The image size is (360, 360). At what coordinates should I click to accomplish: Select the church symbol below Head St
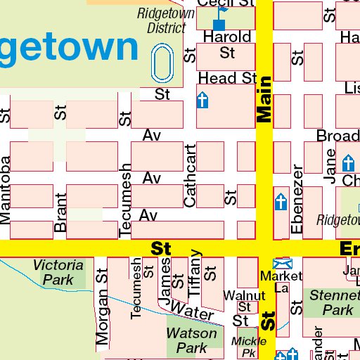[x=203, y=101]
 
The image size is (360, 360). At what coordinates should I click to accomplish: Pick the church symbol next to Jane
[x=347, y=163]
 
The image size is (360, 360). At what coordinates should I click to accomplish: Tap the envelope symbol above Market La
[x=281, y=262]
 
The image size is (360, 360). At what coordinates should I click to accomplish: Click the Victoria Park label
[x=58, y=272]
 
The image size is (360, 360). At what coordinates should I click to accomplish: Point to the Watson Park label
[x=186, y=340]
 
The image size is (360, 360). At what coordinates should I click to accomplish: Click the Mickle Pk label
[x=245, y=346]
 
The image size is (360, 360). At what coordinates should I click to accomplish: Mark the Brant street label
[x=61, y=213]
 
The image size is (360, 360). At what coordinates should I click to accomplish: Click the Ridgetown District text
[x=162, y=20]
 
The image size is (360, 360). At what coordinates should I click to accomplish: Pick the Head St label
[x=227, y=78]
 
